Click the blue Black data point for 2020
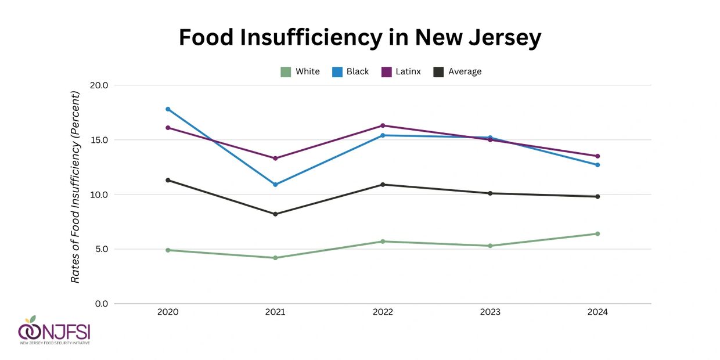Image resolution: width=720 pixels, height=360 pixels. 168,109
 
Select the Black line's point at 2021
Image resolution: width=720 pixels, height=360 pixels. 275,185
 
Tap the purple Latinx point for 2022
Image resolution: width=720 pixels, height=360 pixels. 383,125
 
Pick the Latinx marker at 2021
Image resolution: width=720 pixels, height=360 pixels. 275,159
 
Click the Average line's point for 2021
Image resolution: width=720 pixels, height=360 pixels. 275,214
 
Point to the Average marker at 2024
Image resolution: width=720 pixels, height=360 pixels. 597,197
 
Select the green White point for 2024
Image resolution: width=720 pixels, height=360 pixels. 597,234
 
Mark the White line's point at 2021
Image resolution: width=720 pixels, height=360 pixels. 275,258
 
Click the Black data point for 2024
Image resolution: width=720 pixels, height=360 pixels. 597,165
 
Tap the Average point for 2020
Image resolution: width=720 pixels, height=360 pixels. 168,180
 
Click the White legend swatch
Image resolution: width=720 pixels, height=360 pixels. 286,72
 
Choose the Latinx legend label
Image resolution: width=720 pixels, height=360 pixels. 409,72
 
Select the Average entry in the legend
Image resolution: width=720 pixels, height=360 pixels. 465,72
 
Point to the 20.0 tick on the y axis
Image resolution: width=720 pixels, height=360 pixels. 99,85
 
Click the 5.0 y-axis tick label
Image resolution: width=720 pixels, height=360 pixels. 101,249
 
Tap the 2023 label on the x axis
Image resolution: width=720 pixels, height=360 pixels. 490,312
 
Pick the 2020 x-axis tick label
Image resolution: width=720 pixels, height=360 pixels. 168,312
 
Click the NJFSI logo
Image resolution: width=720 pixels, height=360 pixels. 54,331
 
